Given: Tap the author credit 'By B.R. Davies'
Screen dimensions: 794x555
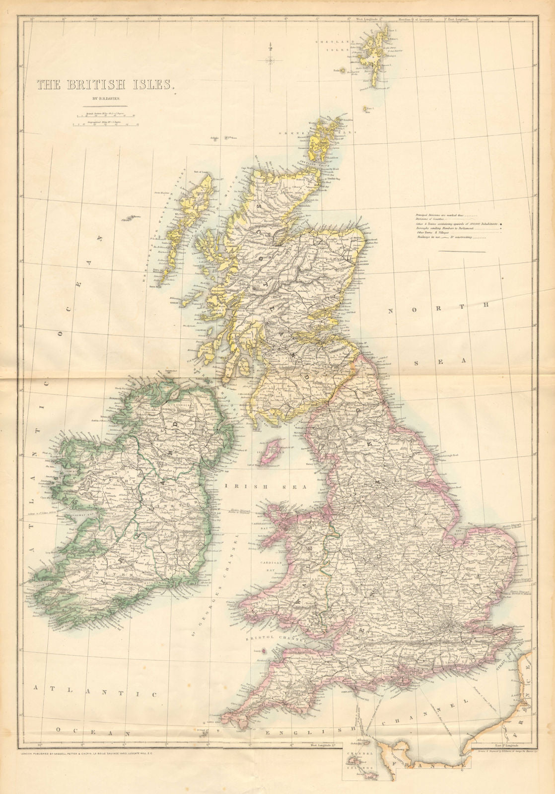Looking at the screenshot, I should pos(106,99).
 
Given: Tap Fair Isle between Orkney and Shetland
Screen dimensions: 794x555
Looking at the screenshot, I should pos(368,108).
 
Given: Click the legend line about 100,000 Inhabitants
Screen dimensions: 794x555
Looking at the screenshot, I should pos(457,224).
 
